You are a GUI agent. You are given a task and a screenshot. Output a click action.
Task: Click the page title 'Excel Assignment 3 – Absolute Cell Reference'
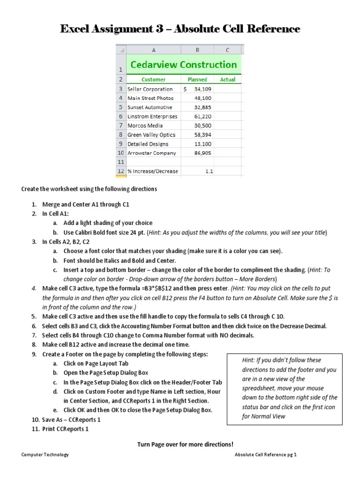point(180,29)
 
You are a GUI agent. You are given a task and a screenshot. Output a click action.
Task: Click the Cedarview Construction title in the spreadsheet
point(184,65)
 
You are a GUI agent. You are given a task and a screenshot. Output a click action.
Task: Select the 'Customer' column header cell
point(154,80)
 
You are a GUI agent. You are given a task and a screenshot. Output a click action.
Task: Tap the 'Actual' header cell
point(228,80)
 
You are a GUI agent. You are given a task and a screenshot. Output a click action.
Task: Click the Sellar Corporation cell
point(150,89)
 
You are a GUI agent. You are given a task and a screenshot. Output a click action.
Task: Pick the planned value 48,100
point(203,98)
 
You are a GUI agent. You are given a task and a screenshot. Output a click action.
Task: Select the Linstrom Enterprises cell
point(152,116)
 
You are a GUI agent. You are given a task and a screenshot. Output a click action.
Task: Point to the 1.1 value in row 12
point(209,172)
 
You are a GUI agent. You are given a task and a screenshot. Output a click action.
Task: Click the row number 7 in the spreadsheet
point(121,126)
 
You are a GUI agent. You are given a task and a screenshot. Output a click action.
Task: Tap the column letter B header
point(197,50)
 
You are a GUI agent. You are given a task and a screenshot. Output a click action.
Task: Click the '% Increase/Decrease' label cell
point(152,172)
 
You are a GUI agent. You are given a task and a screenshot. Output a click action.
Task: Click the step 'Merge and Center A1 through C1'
point(86,205)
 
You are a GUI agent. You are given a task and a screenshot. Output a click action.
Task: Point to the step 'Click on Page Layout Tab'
point(96,363)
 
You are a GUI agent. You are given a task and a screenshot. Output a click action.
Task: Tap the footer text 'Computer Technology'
point(45,455)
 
